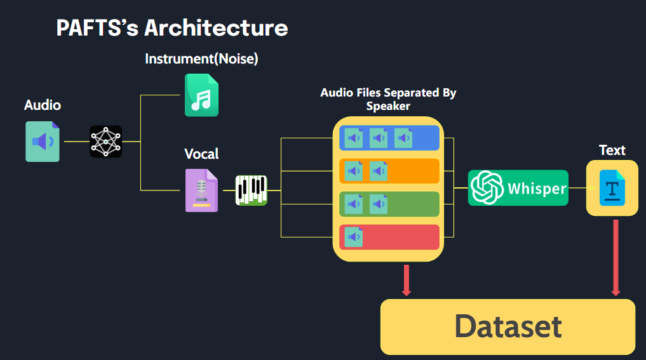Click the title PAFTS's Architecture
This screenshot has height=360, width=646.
pyautogui.click(x=172, y=28)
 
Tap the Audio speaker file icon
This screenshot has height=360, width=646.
pyautogui.click(x=43, y=142)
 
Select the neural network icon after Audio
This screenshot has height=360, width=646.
pyautogui.click(x=105, y=142)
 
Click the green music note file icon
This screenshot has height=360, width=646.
pyautogui.click(x=201, y=95)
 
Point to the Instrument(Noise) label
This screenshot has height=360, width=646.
pyautogui.click(x=201, y=59)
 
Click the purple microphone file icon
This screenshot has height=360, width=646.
pyautogui.click(x=201, y=190)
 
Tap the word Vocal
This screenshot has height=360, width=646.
pyautogui.click(x=201, y=154)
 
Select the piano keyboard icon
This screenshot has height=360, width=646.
pyautogui.click(x=252, y=190)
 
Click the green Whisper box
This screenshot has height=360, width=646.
pyautogui.click(x=518, y=188)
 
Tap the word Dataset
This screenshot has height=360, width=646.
pyautogui.click(x=508, y=326)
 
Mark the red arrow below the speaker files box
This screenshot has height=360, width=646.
pyautogui.click(x=407, y=279)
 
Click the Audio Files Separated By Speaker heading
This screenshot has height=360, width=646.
pyautogui.click(x=388, y=99)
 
